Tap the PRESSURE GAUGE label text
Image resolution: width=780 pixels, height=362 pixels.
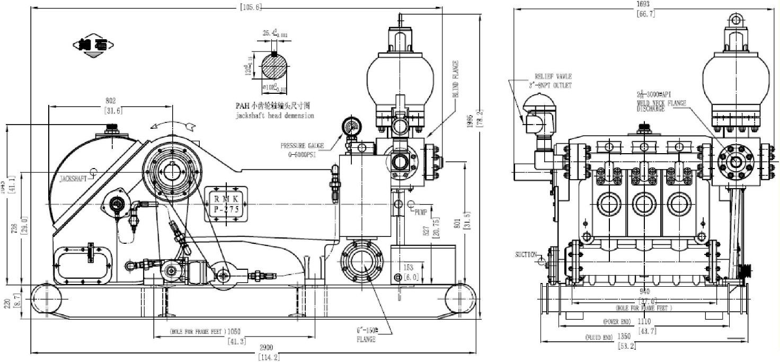[x=303, y=145]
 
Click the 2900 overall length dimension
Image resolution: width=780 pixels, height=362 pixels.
[x=267, y=347]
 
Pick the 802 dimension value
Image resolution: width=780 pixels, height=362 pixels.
[x=110, y=100]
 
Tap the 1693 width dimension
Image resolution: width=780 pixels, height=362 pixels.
[x=645, y=4]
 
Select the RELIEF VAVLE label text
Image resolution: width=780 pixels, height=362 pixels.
[x=553, y=77]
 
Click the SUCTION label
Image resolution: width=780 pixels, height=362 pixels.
[x=526, y=255]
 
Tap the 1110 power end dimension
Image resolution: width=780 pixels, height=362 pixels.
[x=644, y=321]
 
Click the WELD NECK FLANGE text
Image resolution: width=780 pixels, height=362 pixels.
[x=661, y=103]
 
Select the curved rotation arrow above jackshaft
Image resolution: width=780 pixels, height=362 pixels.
[x=172, y=124]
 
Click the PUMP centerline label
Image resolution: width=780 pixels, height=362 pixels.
[x=421, y=212]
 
